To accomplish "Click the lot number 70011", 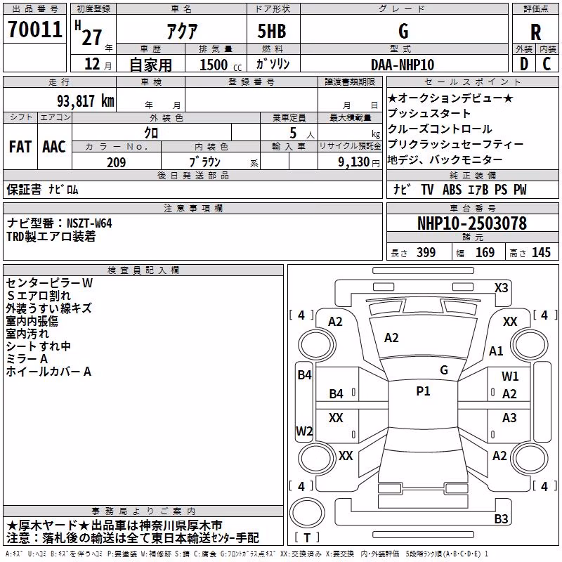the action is (x=34, y=30).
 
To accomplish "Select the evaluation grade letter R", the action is (x=535, y=32).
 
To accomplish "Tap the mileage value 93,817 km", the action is (x=85, y=101).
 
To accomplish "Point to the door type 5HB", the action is (x=272, y=31).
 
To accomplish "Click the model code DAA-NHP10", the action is (x=403, y=65).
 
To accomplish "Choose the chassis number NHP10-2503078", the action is (x=472, y=223).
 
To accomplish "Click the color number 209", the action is (x=116, y=162).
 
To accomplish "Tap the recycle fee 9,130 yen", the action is (x=359, y=162).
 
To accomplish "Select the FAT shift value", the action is (x=20, y=147).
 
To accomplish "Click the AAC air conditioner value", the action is (x=54, y=147).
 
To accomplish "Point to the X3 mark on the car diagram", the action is (x=501, y=288).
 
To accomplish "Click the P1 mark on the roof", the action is (x=423, y=391).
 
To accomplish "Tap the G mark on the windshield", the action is (x=444, y=370).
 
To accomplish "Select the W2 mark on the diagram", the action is (x=304, y=431).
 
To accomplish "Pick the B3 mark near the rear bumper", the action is (x=501, y=518).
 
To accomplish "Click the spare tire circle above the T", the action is (x=307, y=513).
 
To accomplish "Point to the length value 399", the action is (x=426, y=252).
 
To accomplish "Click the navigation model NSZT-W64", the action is (x=90, y=223).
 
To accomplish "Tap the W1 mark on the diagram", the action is (x=510, y=377).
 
